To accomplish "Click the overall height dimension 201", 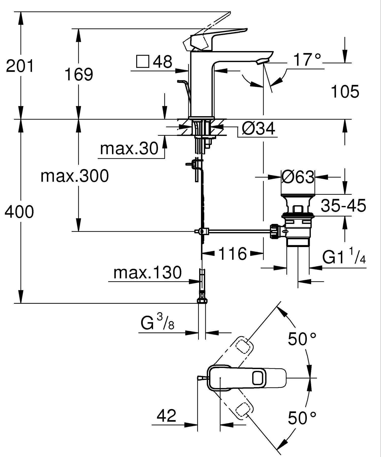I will point(20,66).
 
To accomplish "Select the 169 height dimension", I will point(79,74).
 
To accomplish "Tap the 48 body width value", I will point(163,62).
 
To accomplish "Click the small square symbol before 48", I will point(142,62).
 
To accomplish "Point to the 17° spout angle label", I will point(307,60).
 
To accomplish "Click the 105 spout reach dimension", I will point(345,92).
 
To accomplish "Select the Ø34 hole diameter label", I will point(258,128).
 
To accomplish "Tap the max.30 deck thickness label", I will point(129,148).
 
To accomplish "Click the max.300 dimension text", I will point(75,176).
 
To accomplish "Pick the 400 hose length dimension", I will point(19,212).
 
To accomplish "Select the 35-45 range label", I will point(343,205).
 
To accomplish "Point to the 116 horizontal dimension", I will point(232,253).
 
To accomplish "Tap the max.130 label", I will point(147,273).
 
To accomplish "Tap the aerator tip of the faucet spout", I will point(263,61).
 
